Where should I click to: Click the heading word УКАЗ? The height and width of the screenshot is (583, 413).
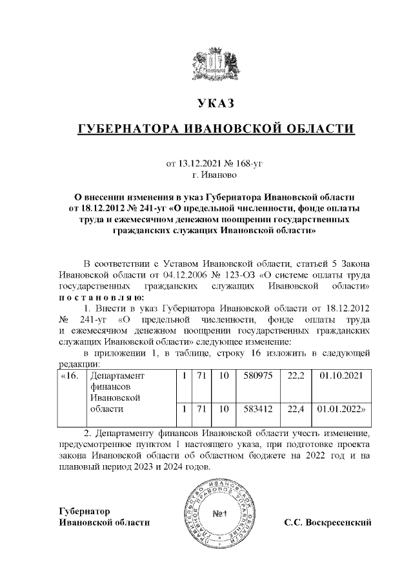pyautogui.click(x=216, y=103)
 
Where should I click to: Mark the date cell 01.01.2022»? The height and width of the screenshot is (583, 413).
pyautogui.click(x=343, y=408)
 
